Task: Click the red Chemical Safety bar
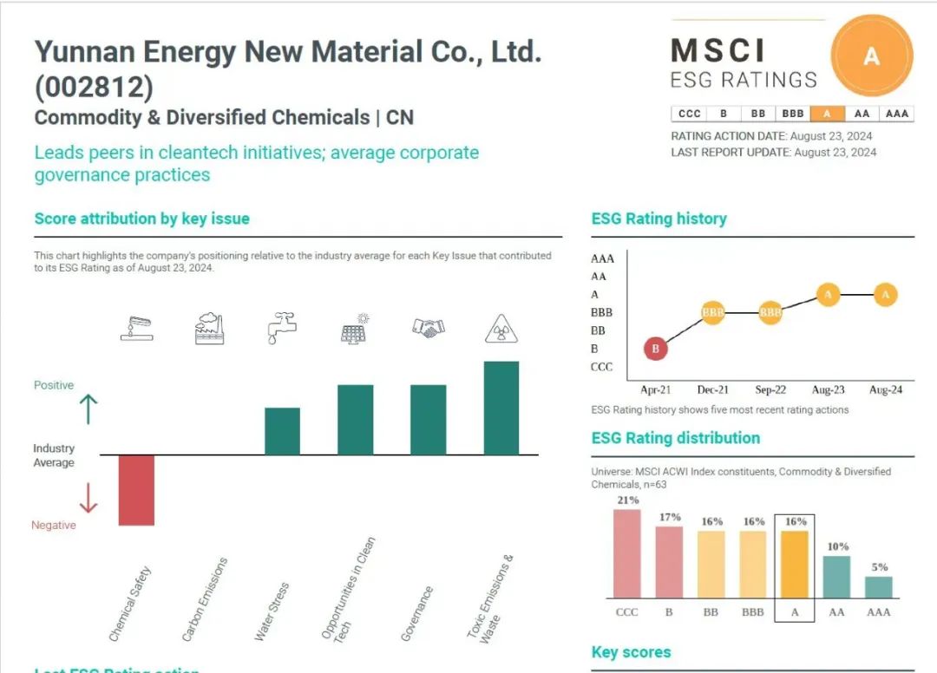136,490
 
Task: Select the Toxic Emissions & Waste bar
501,408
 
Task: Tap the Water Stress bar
282,431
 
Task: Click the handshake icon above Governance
428,328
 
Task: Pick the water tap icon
282,329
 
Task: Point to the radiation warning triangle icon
501,329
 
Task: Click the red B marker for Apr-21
656,349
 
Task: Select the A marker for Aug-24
885,295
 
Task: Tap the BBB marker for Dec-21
712,312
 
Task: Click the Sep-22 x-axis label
770,390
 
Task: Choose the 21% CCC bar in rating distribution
626,553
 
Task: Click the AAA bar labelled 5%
879,587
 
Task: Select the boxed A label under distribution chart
796,611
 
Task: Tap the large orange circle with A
871,57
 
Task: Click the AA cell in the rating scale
862,114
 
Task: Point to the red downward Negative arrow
88,498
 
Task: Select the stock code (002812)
94,88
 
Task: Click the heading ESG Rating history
659,219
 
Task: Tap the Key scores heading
631,652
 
